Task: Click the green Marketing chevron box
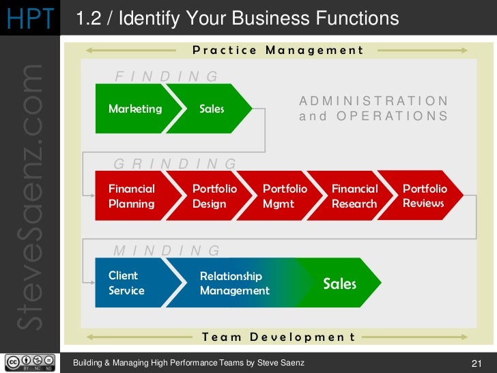click(135, 109)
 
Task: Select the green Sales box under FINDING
click(212, 109)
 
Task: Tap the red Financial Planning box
click(132, 196)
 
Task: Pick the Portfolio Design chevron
click(214, 196)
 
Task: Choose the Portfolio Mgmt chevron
click(285, 196)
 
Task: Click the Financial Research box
click(354, 196)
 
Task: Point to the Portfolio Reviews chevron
click(425, 195)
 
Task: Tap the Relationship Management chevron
click(235, 283)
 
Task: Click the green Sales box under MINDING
click(340, 283)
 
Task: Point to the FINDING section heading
click(167, 77)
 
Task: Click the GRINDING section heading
click(175, 164)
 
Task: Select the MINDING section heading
click(167, 251)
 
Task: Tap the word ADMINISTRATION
click(374, 101)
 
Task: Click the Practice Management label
click(279, 50)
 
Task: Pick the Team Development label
click(279, 337)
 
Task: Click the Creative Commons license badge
click(30, 363)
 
